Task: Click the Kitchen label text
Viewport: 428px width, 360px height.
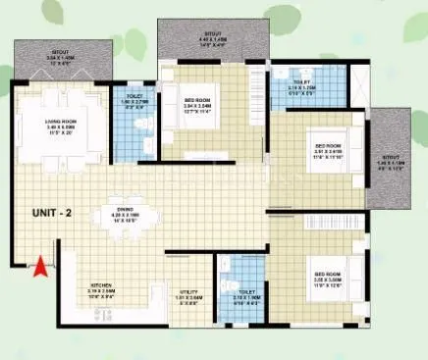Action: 102,285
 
